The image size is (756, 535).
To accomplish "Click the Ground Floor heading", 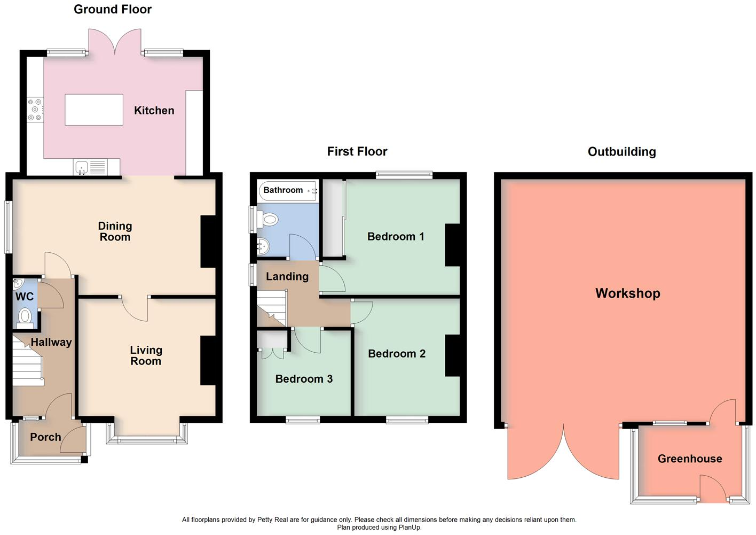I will [x=113, y=10].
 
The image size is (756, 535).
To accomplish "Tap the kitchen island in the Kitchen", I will [x=94, y=110].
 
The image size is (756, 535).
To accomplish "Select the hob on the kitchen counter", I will [x=35, y=110].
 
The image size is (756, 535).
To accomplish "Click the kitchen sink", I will [x=82, y=167].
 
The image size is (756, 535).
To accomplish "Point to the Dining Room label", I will [x=115, y=231].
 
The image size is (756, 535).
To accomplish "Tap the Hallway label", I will [x=51, y=342].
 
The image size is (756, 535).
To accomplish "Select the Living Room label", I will [x=146, y=355].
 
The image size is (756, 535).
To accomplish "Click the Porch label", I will [x=45, y=437].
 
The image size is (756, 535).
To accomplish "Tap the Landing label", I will [x=287, y=276].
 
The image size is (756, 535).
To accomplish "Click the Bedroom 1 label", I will [x=396, y=236].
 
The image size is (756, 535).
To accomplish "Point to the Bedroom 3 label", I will [x=304, y=379].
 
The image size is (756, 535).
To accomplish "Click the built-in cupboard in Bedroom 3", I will [x=272, y=340].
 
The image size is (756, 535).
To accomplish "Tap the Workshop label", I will [x=628, y=293].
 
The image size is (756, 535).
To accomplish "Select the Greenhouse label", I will [x=690, y=459].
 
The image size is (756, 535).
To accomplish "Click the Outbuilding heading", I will [x=621, y=152].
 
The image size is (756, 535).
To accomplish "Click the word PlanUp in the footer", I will [x=409, y=528].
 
